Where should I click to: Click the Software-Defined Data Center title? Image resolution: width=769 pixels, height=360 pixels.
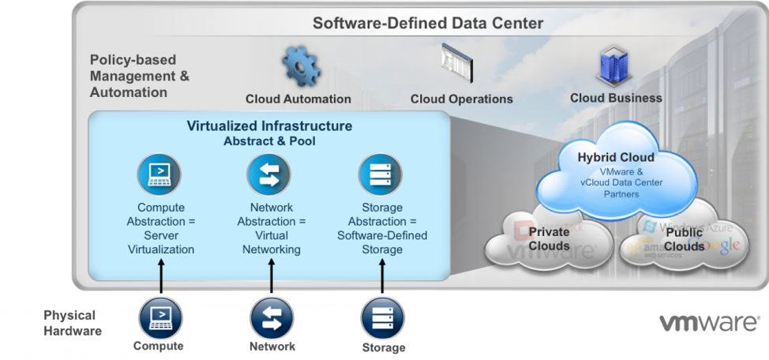428,22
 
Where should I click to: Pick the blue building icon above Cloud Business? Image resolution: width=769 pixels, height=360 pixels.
613,65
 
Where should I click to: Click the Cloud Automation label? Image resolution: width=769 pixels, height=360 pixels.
298,99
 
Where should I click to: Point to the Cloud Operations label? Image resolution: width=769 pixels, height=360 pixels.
461,99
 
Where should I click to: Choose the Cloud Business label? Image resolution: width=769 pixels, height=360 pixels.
616,98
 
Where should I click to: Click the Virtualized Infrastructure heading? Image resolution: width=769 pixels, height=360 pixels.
269,126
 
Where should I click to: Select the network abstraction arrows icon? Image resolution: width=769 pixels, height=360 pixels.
269,174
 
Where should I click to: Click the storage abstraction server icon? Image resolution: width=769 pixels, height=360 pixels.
382,174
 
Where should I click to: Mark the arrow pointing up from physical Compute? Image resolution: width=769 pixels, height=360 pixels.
161,276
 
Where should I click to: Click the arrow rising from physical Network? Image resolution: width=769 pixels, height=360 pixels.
271,276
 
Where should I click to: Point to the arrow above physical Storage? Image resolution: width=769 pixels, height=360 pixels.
382,276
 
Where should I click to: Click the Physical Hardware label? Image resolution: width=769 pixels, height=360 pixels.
73,323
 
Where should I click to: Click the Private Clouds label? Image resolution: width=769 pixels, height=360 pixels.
550,239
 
